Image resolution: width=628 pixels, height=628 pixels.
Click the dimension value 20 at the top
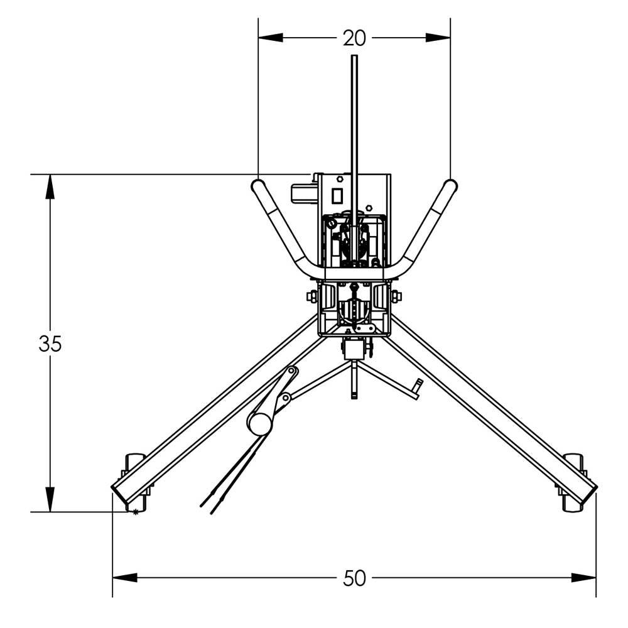tap(354, 38)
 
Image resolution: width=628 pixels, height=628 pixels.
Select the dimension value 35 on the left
tap(50, 344)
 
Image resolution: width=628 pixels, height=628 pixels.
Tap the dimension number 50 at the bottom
tap(354, 578)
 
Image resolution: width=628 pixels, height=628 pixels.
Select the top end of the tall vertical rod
tap(354, 58)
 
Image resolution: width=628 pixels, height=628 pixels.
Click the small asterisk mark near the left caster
tap(134, 512)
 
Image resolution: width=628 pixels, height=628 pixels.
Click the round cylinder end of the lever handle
tap(258, 424)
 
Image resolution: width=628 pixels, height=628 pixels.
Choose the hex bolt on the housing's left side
tap(311, 296)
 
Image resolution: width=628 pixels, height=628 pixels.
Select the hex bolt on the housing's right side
tap(397, 296)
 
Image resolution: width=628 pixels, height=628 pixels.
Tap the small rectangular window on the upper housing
tap(337, 196)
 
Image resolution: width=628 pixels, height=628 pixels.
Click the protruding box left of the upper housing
tap(304, 193)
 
